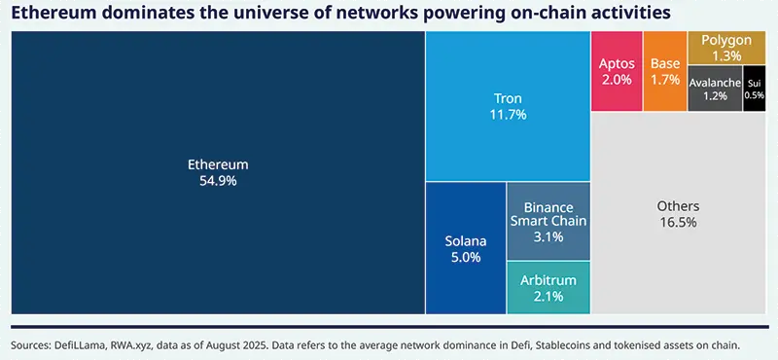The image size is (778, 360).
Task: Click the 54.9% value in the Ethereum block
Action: coord(218,181)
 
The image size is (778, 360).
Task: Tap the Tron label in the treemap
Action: coord(508,98)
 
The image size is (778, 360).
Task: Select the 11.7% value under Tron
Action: coord(508,115)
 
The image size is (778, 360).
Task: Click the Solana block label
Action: coord(465,240)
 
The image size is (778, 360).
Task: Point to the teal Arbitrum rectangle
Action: coord(548,288)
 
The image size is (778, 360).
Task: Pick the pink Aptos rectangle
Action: coord(617,71)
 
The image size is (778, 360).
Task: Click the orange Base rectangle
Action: coord(665,71)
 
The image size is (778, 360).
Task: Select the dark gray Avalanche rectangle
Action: coord(715,89)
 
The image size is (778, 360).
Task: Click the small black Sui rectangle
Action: coord(754,89)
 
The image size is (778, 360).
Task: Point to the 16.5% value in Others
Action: coord(678,223)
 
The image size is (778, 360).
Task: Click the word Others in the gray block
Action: coord(678,206)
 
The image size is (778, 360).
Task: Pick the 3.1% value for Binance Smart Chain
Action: coord(548,237)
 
